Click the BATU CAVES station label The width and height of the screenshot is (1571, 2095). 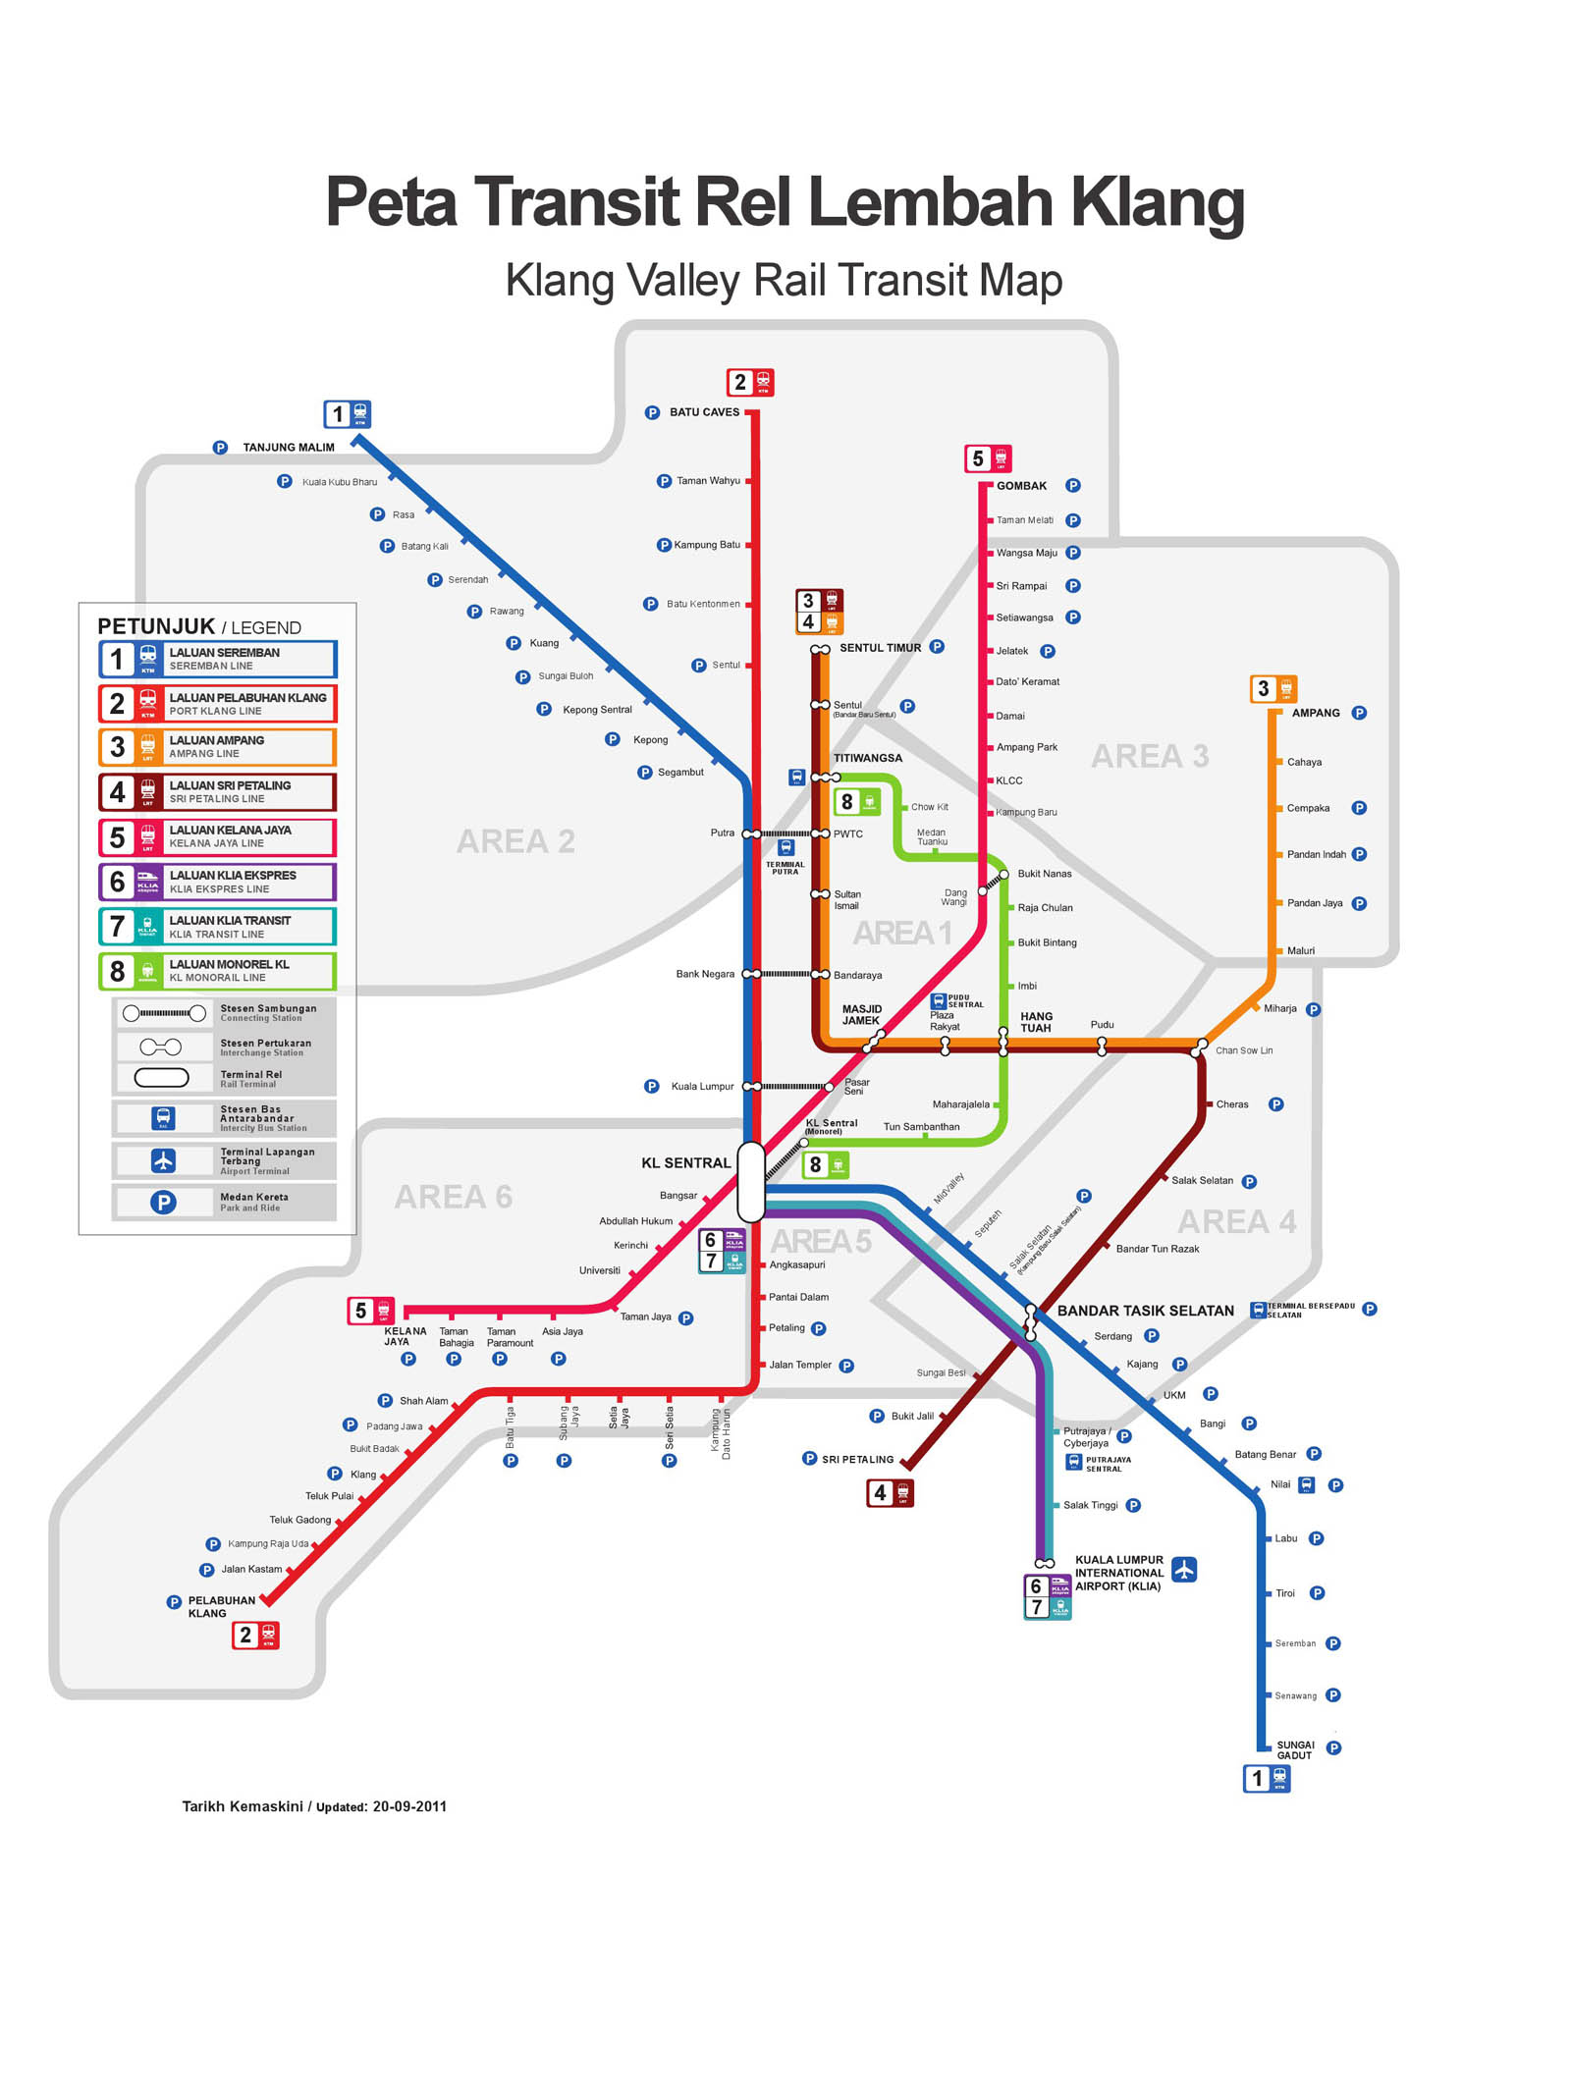coord(704,412)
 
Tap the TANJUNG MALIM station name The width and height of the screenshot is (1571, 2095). coord(289,448)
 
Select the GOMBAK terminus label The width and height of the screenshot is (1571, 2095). coord(1021,486)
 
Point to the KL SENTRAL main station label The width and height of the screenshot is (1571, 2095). coord(685,1163)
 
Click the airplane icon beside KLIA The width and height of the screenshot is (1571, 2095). coord(1184,1570)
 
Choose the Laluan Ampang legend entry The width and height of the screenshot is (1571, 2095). coord(217,747)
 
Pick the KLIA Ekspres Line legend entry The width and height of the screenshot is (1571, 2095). coord(217,882)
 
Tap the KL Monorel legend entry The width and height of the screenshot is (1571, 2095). coord(217,971)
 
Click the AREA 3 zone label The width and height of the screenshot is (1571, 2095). coord(1150,756)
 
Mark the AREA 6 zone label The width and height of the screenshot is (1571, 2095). coord(453,1197)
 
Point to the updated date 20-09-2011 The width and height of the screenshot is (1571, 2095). coord(409,1806)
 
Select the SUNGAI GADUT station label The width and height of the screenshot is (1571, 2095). coord(1294,1749)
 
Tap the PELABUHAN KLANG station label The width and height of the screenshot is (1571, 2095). coord(221,1606)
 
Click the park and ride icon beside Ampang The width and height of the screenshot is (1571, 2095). coord(1359,714)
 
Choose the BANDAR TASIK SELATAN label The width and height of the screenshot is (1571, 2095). coord(1145,1311)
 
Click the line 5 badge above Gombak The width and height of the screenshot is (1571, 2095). coord(988,458)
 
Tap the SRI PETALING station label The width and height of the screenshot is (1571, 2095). coord(857,1460)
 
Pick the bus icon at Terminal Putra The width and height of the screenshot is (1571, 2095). coord(785,847)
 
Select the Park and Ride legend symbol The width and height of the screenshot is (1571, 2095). coord(163,1203)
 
